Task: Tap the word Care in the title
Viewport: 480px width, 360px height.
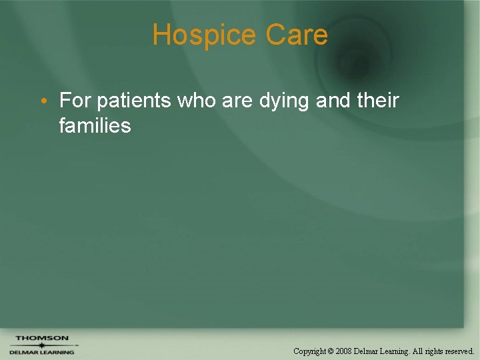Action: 297,35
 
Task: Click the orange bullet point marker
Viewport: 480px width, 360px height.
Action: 42,101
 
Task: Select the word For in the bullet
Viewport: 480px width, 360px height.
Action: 75,101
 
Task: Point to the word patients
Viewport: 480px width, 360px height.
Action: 133,101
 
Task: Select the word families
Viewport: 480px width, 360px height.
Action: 95,125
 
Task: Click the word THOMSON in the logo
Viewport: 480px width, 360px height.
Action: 42,338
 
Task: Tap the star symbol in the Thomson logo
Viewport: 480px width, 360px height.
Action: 41,345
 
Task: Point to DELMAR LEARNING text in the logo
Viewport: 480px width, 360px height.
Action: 41,352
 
